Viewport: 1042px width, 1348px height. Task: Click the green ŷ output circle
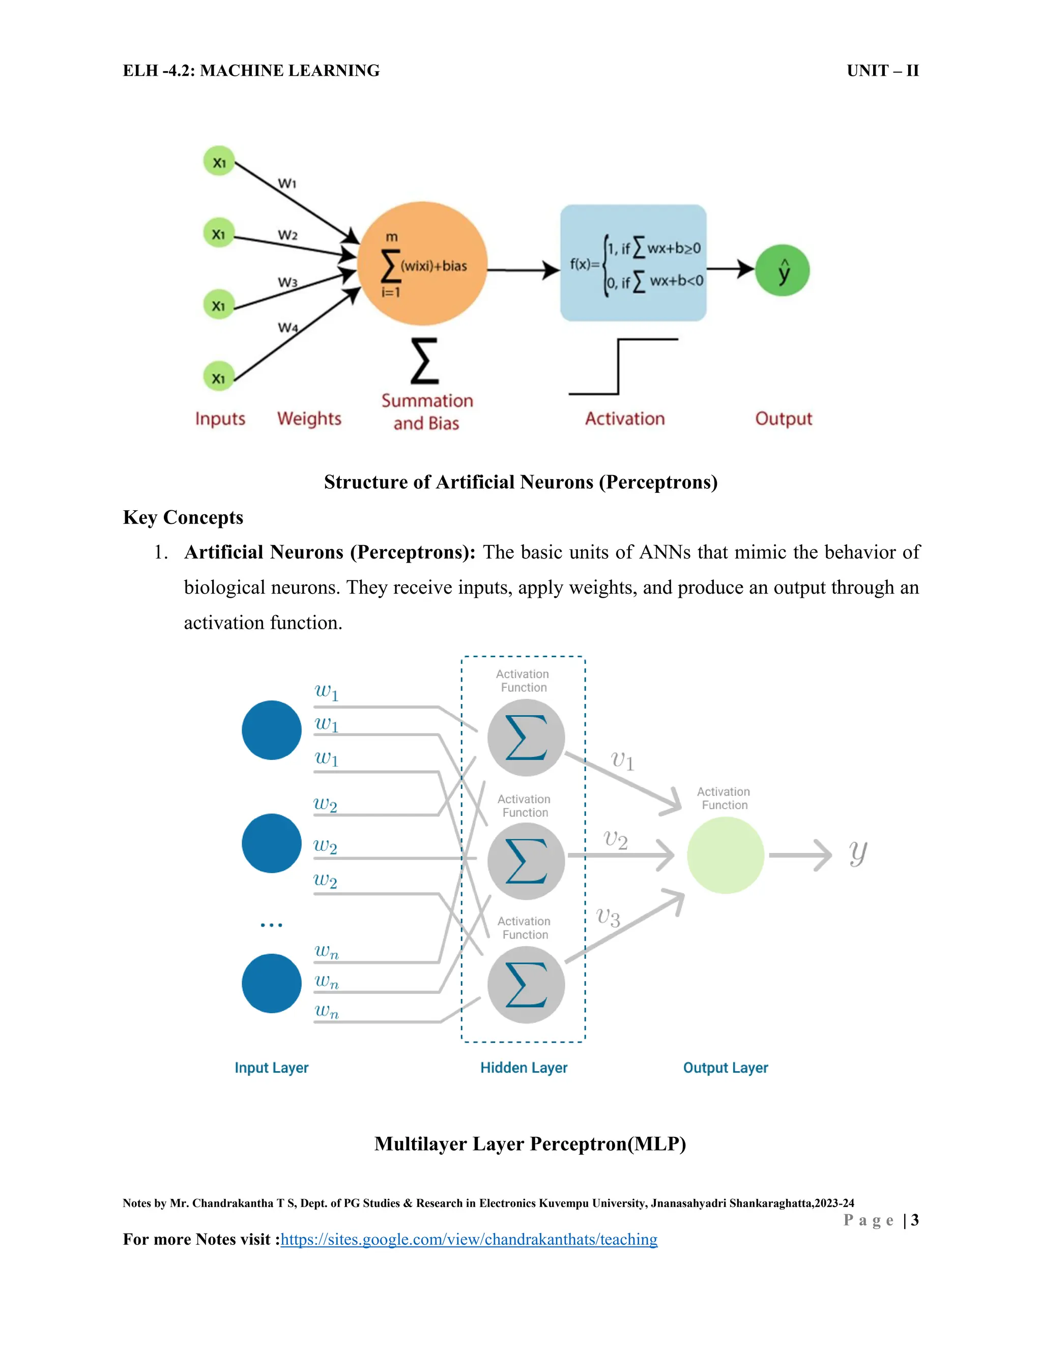pos(782,270)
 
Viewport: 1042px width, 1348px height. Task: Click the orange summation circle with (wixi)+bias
pos(423,264)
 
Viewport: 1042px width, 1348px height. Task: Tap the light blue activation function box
pos(633,263)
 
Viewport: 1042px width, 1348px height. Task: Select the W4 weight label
pos(287,327)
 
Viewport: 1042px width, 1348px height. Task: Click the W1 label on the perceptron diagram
pos(287,183)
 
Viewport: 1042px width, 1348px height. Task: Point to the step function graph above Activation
pos(622,367)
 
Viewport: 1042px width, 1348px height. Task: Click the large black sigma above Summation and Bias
pos(425,361)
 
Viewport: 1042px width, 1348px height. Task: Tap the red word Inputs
pos(220,419)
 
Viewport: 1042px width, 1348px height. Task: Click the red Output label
pos(784,419)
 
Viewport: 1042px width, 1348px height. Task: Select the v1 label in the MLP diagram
pos(622,760)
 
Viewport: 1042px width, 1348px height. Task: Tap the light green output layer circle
pos(726,856)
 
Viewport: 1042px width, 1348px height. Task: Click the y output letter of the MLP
pos(858,853)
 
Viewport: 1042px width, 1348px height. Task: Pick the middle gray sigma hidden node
pos(526,861)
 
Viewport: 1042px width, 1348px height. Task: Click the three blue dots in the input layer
pos(271,925)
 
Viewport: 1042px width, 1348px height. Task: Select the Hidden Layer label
pos(524,1068)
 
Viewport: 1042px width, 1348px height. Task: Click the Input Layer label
pos(271,1068)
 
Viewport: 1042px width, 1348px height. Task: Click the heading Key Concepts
pos(183,517)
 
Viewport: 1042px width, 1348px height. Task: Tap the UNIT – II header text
pos(882,71)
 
